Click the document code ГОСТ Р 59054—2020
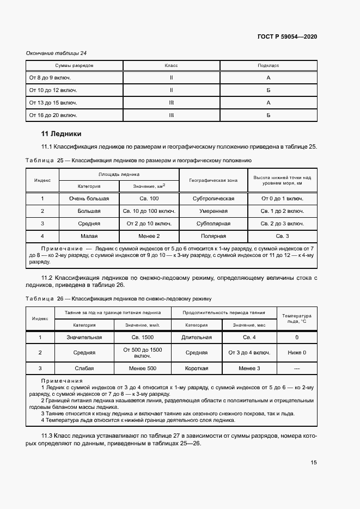point(287,36)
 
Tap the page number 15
point(314,462)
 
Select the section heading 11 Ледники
point(61,133)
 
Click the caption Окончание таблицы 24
point(57,53)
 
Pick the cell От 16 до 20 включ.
point(53,115)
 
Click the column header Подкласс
point(268,65)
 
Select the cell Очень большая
point(89,199)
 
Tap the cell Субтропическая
point(213,199)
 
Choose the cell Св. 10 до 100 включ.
point(149,211)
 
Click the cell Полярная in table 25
point(213,236)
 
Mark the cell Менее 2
point(149,236)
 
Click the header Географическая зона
point(213,180)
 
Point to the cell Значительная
point(84,338)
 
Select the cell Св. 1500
point(142,338)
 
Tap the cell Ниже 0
point(297,353)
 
